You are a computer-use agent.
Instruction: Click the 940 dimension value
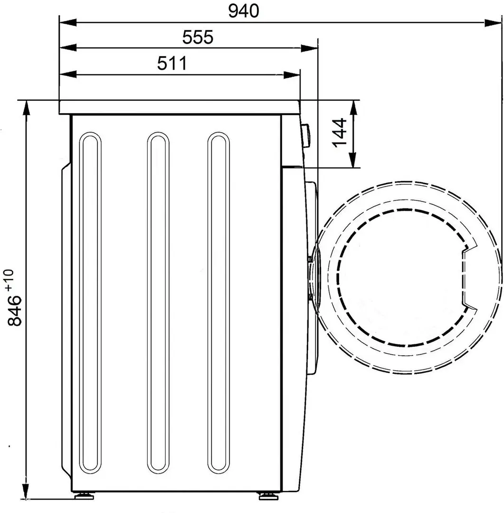pos(243,11)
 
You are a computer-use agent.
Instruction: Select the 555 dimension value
pos(198,37)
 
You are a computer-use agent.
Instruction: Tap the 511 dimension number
pos(172,63)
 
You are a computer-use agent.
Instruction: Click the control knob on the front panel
pos(305,135)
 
